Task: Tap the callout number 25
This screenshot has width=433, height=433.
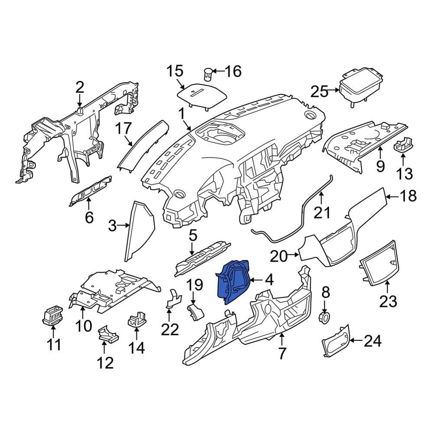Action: pos(319,91)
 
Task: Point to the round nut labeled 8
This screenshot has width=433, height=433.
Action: pos(324,317)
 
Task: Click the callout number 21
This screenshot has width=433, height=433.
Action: pos(322,212)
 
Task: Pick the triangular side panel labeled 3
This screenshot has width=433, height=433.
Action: pos(139,231)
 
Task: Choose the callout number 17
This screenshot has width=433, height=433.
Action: pos(123,129)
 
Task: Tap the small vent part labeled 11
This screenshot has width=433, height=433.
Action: pos(52,315)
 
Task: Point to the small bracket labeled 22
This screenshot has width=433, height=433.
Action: pos(174,298)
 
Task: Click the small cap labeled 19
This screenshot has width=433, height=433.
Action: pos(196,312)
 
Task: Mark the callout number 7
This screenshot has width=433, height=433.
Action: pos(282,353)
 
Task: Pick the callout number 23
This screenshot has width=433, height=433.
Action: pos(388,301)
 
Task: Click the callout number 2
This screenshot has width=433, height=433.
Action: pos(80,87)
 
